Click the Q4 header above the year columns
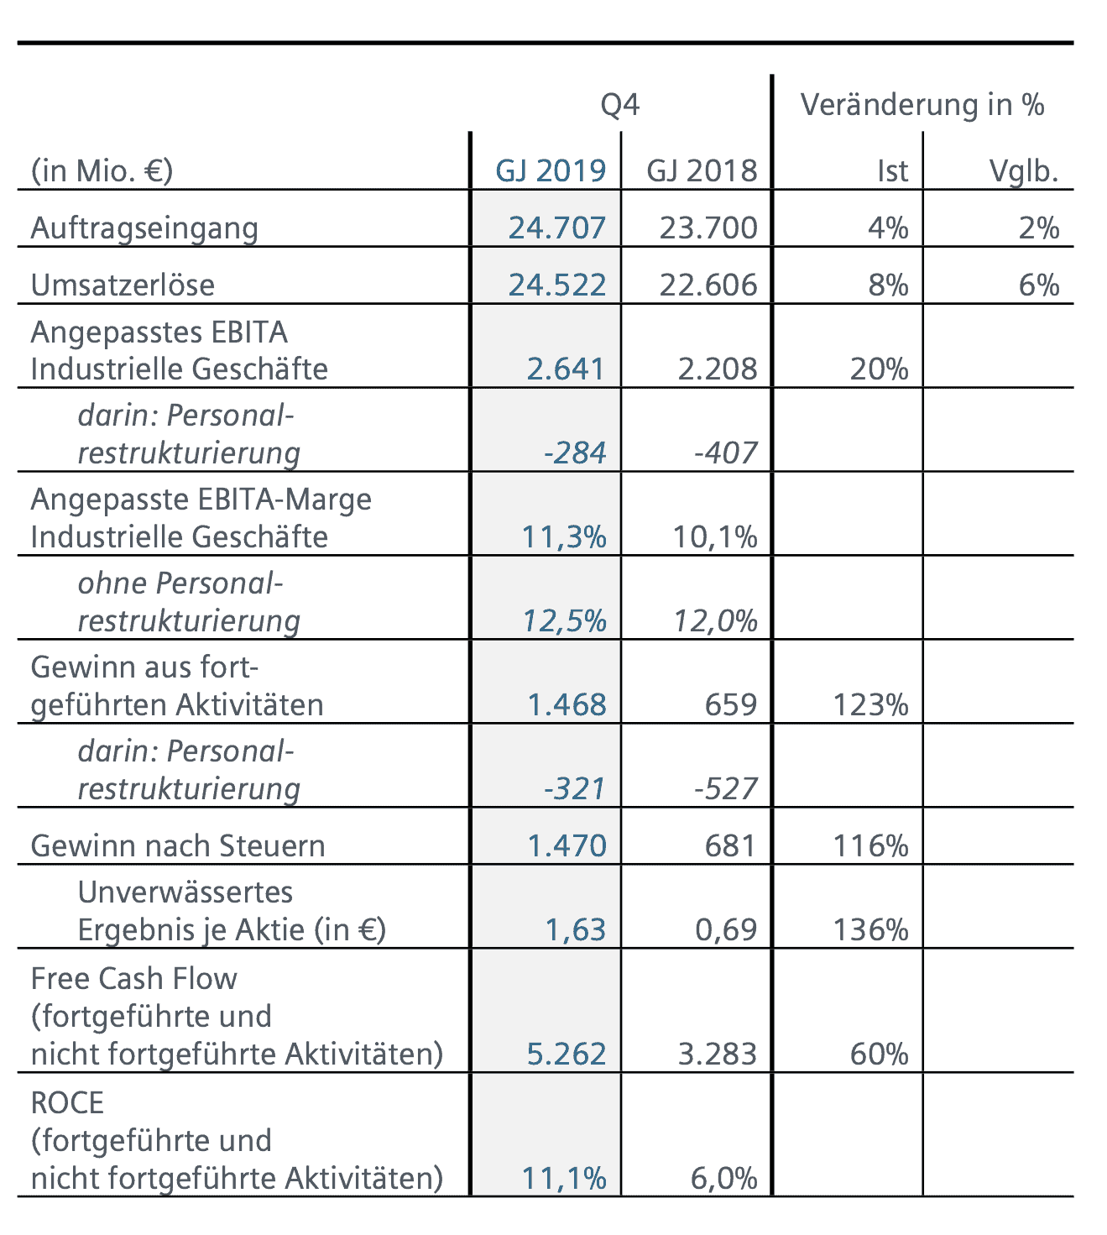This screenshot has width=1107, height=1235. (619, 105)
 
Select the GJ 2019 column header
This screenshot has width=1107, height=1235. (551, 170)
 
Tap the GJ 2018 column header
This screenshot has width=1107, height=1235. (702, 170)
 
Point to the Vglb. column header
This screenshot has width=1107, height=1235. (1023, 170)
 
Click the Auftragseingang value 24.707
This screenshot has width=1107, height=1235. (556, 228)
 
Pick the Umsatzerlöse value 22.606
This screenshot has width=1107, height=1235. (708, 285)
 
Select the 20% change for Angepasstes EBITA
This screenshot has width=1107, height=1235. (879, 369)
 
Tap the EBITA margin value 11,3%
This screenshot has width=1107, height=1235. (564, 536)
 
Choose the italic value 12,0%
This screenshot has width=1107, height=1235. (715, 620)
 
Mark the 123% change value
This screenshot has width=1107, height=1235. (870, 704)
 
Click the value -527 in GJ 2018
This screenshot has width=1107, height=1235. (725, 788)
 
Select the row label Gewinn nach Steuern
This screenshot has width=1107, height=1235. (178, 845)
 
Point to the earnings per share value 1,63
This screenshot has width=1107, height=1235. (575, 929)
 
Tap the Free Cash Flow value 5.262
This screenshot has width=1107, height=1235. (566, 1054)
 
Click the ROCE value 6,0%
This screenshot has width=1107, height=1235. (723, 1178)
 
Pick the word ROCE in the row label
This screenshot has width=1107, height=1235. (67, 1102)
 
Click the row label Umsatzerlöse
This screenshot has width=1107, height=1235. (123, 285)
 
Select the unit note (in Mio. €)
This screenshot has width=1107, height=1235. (102, 170)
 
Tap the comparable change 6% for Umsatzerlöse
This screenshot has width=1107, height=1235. (1038, 285)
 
